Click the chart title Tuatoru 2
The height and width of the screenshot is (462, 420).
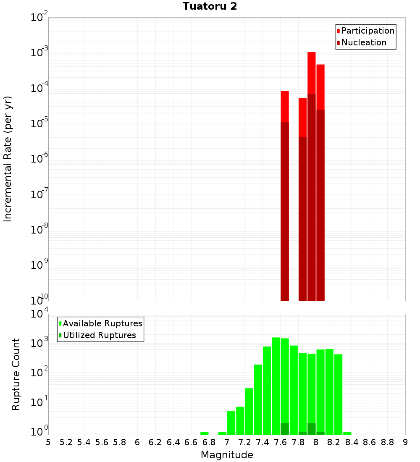[x=210, y=6]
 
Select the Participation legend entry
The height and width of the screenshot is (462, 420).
[x=367, y=31]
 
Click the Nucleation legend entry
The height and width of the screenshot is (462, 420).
[x=363, y=42]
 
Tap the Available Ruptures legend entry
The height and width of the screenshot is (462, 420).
[x=102, y=323]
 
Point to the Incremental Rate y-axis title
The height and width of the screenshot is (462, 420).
[x=8, y=159]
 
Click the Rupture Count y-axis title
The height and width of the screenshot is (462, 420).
[x=16, y=374]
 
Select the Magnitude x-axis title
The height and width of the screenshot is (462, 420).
[x=227, y=455]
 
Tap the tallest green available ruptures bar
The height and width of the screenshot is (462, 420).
[x=276, y=386]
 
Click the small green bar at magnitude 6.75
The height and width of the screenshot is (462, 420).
[x=205, y=433]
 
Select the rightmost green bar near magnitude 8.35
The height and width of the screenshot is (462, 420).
[x=347, y=433]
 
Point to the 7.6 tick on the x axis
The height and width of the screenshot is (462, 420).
[x=280, y=442]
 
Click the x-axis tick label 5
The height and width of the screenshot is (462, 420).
[x=48, y=442]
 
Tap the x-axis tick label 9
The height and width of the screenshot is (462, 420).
[x=405, y=442]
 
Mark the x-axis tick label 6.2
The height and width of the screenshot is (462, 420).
[x=155, y=442]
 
